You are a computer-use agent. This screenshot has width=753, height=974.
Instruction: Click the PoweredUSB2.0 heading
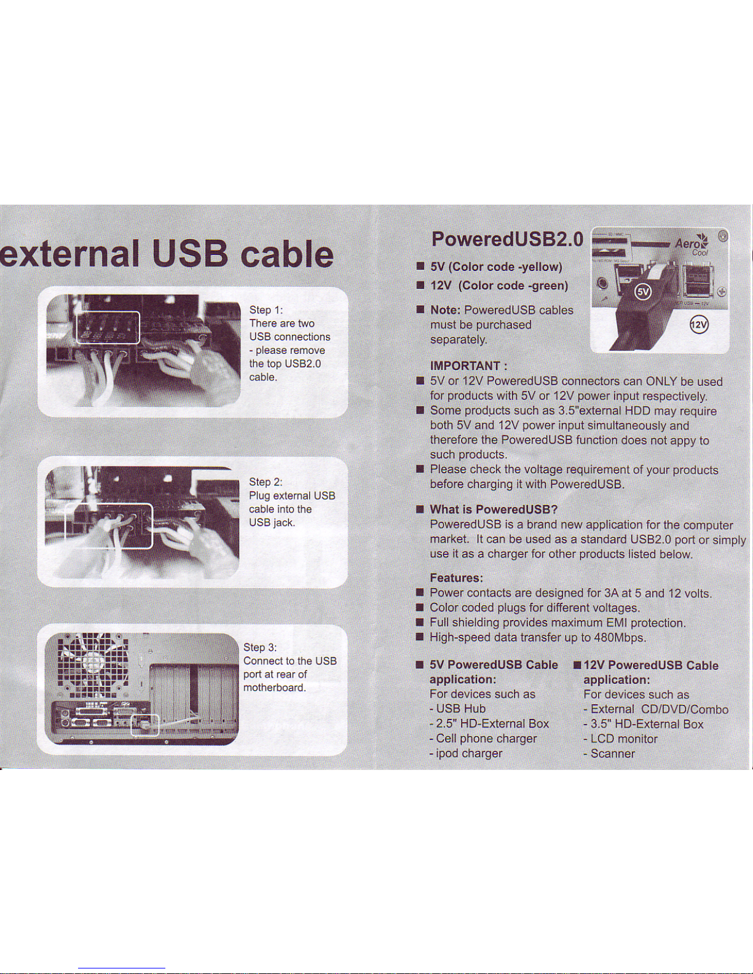pyautogui.click(x=507, y=240)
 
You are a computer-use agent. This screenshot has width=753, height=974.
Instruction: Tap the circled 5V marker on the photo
pyautogui.click(x=643, y=293)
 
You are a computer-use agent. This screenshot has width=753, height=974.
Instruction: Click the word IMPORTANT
pyautogui.click(x=464, y=366)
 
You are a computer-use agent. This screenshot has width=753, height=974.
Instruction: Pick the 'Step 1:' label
pyautogui.click(x=266, y=310)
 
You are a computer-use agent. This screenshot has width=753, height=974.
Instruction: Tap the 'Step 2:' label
pyautogui.click(x=266, y=482)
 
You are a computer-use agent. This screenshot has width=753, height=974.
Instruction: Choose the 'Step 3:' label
pyautogui.click(x=260, y=647)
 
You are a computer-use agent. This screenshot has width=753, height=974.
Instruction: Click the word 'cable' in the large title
pyautogui.click(x=287, y=254)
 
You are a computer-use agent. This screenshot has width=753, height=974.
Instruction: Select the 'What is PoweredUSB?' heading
pyautogui.click(x=494, y=509)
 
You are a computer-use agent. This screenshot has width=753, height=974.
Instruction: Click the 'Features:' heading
pyautogui.click(x=456, y=578)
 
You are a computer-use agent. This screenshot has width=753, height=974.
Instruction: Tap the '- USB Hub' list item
pyautogui.click(x=457, y=709)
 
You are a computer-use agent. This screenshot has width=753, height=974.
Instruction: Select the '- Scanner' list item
pyautogui.click(x=609, y=753)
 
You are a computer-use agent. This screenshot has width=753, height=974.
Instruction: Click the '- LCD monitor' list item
pyautogui.click(x=621, y=739)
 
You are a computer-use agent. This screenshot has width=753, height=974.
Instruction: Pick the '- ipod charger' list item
pyautogui.click(x=466, y=753)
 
